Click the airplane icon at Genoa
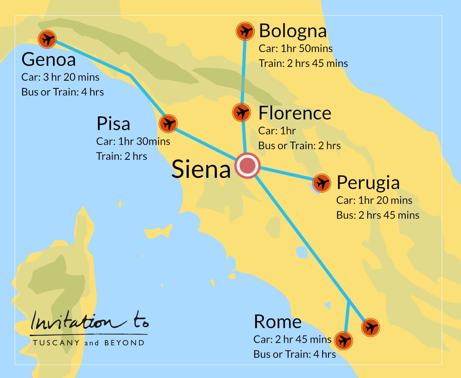click(47, 39)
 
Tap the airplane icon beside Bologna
click(244, 31)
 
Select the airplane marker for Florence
click(242, 113)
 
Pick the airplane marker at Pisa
click(168, 124)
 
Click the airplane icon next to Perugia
click(322, 183)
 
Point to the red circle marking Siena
click(248, 166)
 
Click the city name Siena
click(201, 169)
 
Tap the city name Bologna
click(293, 31)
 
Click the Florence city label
click(295, 113)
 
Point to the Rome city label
click(277, 322)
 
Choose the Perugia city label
click(368, 183)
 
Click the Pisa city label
click(113, 124)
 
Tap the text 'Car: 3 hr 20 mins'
click(61, 77)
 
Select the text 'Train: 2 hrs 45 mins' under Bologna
click(303, 63)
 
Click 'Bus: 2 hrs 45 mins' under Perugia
click(378, 215)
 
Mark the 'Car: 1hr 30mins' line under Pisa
click(133, 141)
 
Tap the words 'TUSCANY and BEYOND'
click(89, 343)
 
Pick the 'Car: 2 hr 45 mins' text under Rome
click(292, 340)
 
